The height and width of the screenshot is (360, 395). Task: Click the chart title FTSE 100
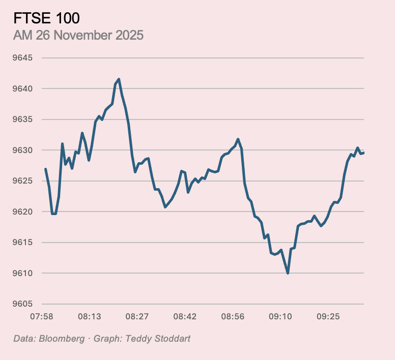tap(46, 18)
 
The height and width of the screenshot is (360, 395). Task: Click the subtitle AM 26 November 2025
tap(78, 36)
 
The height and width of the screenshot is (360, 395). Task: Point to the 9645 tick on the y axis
tap(22, 58)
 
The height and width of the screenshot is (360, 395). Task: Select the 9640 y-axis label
tap(22, 89)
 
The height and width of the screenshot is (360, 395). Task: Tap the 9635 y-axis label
tap(22, 119)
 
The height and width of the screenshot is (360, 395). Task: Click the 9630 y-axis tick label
tap(22, 151)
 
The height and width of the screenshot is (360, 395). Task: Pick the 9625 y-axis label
tap(22, 181)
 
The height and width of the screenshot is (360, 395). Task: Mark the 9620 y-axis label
tap(22, 212)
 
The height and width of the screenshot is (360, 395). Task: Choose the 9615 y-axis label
tap(22, 243)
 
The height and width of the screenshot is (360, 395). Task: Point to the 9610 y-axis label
tap(22, 273)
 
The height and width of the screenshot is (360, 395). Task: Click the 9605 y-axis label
tap(22, 304)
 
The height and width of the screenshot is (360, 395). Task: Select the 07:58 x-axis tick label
tap(42, 317)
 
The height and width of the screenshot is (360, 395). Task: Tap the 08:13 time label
tap(89, 317)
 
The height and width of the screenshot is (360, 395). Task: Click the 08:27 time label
tap(137, 317)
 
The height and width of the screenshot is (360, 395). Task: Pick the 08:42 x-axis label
tap(185, 317)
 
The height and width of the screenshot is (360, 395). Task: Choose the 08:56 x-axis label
tap(233, 317)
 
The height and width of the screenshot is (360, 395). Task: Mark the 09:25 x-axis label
tap(328, 317)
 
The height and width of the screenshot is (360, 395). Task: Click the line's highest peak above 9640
tap(119, 79)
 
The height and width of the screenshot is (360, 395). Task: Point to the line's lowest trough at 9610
tap(288, 273)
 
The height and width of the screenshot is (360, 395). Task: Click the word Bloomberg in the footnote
tap(62, 338)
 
